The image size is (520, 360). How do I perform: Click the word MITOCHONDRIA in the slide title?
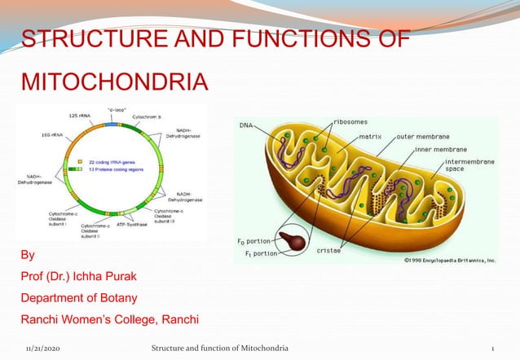(x=113, y=82)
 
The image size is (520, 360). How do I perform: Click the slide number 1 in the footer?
(x=492, y=349)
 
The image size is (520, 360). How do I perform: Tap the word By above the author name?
(x=28, y=255)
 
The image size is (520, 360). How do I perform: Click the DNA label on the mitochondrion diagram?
(x=245, y=126)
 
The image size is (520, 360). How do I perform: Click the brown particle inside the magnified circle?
(x=289, y=242)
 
